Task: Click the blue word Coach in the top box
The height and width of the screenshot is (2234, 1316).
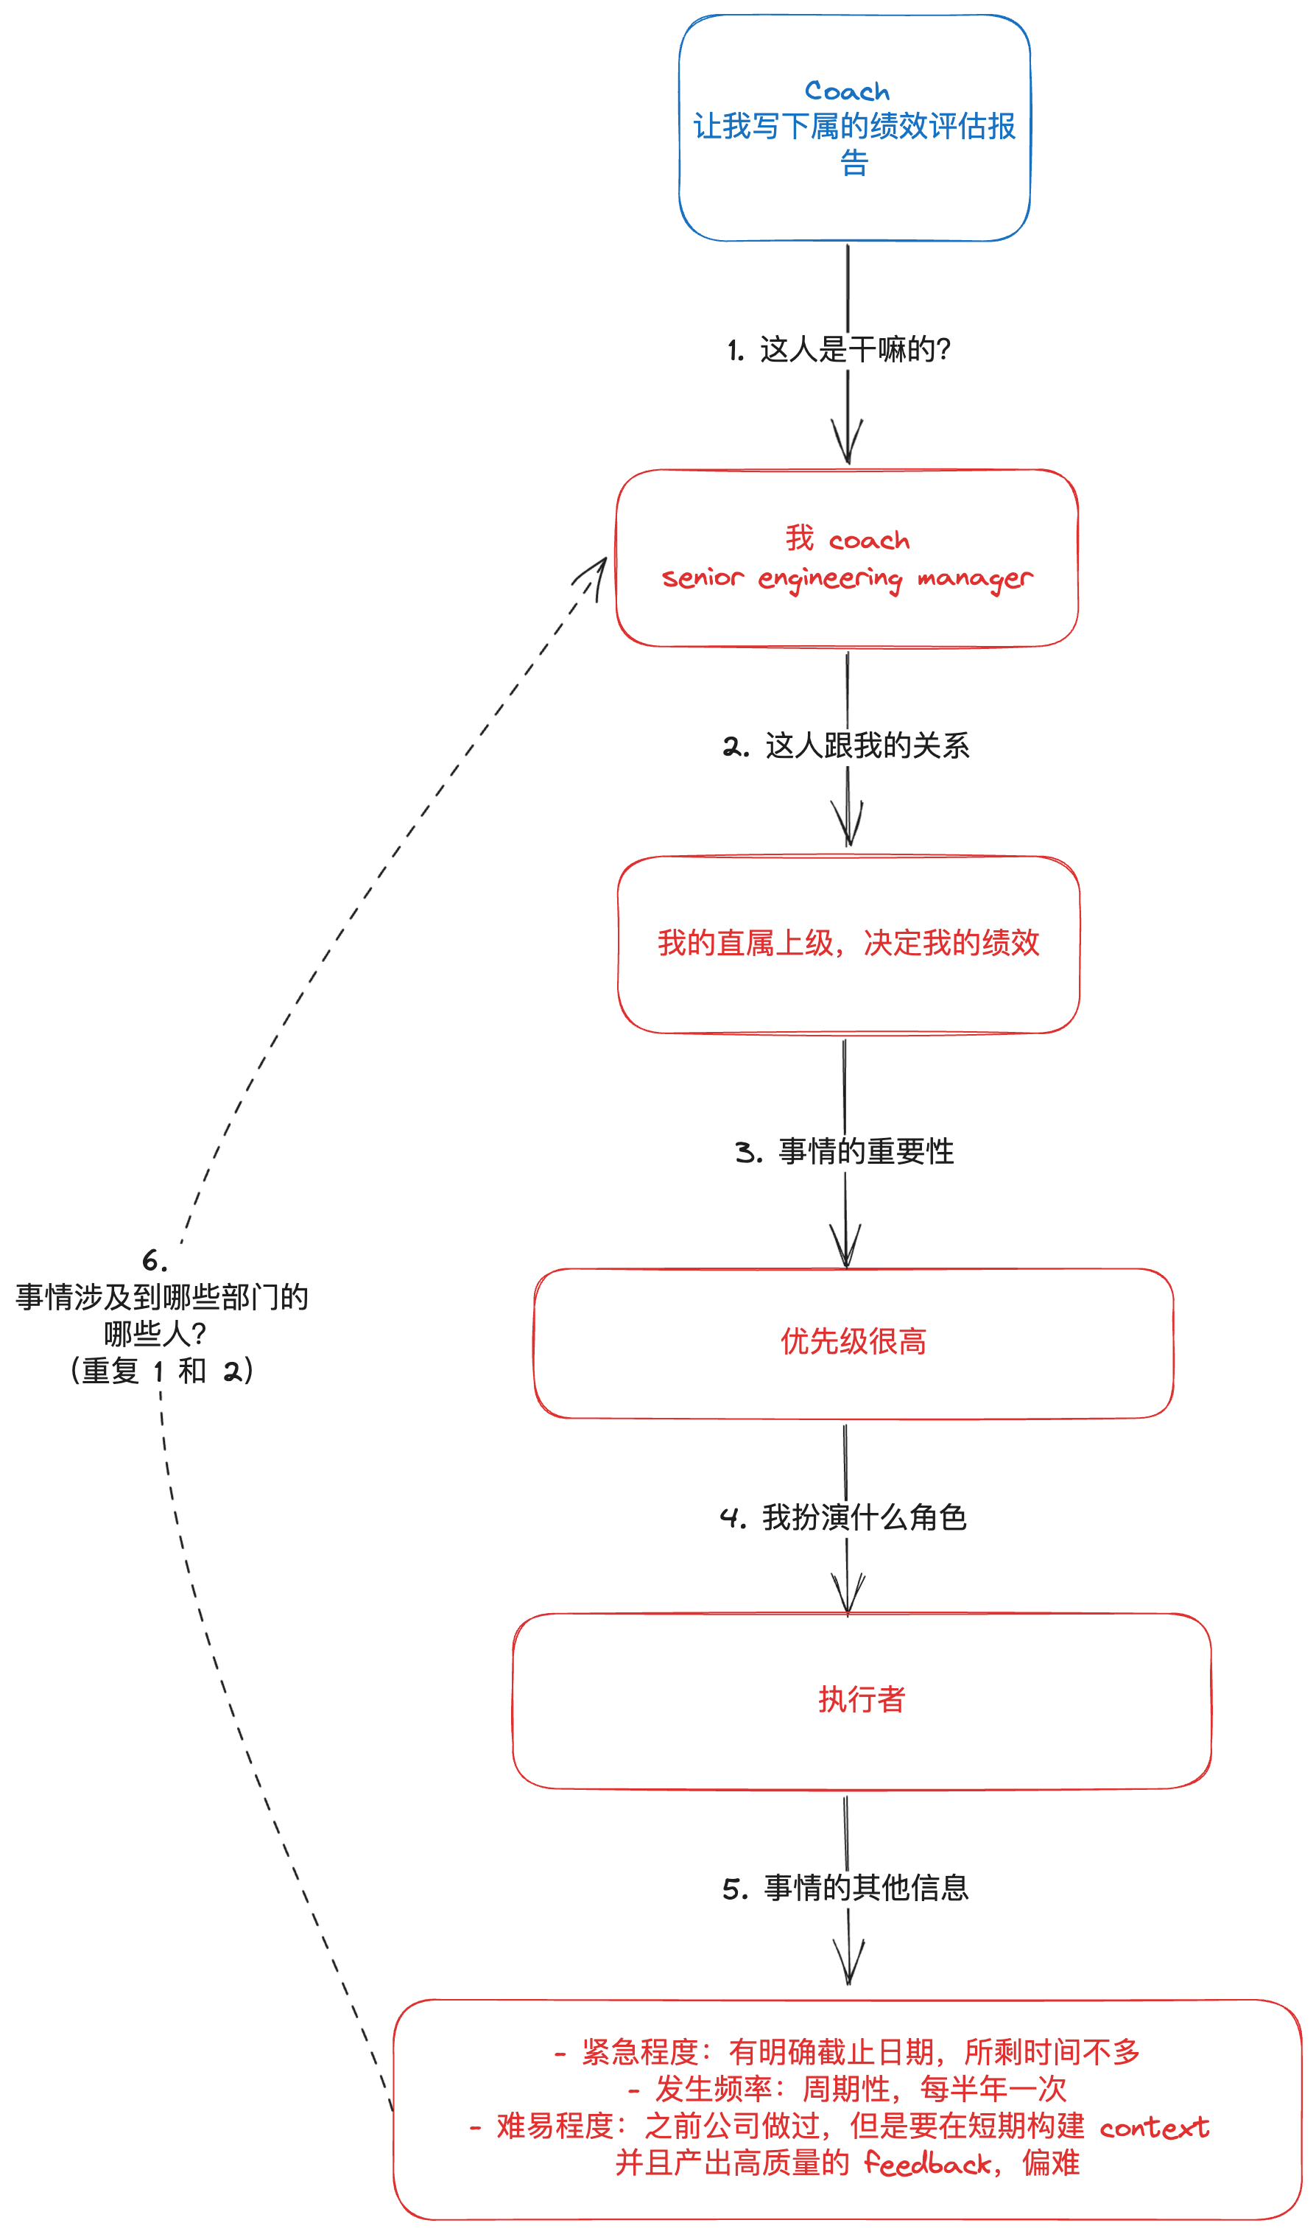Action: tap(846, 91)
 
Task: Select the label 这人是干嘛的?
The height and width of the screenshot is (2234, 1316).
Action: tap(855, 349)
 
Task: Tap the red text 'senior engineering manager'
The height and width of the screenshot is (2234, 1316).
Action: tap(847, 578)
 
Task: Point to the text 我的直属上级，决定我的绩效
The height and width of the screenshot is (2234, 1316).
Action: tap(848, 943)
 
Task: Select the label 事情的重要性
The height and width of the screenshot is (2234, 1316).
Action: tap(865, 1151)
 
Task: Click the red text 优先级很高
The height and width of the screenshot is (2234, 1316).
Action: tap(853, 1342)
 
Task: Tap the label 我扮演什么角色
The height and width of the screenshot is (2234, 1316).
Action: tap(864, 1517)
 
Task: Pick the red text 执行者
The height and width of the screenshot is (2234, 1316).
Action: tap(861, 1699)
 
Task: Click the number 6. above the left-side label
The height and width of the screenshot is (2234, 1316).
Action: tap(155, 1260)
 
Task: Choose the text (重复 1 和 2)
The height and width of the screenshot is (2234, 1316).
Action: tap(162, 1371)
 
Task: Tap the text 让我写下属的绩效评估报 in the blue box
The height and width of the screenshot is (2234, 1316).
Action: tap(854, 127)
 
